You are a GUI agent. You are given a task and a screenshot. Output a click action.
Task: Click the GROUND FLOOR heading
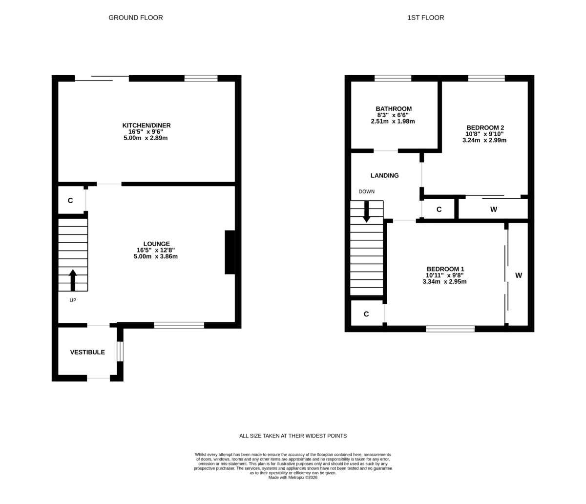[135, 18]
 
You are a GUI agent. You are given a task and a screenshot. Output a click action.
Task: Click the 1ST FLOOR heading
[425, 18]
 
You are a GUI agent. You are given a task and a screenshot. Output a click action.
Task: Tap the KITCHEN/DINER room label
[146, 126]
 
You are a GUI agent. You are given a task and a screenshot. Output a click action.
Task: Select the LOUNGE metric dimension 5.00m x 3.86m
[155, 256]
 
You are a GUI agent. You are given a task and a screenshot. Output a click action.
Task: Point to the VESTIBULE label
[87, 352]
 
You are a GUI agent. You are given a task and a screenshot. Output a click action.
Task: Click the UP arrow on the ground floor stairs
[73, 280]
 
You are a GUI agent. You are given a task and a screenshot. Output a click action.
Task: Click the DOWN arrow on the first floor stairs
[366, 211]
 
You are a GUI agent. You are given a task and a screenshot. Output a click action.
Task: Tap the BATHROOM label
[393, 109]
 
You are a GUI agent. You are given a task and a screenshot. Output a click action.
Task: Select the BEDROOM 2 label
[484, 127]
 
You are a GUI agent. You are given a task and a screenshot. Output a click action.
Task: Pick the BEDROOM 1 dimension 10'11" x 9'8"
[444, 275]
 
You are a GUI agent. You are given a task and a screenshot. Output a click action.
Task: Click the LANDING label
[384, 175]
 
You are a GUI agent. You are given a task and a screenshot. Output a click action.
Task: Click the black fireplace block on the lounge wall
[230, 252]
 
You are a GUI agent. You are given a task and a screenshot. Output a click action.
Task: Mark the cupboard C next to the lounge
[70, 201]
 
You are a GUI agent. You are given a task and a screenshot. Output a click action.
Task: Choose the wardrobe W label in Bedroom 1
[518, 275]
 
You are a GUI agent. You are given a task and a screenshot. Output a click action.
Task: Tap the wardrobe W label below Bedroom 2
[493, 210]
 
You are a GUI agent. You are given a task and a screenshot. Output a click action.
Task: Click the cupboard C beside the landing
[439, 210]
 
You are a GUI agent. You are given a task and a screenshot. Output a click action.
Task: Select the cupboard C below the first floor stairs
[366, 314]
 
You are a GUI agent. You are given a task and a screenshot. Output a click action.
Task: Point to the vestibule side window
[120, 352]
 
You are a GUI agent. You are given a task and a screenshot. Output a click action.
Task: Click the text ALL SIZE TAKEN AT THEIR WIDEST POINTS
[293, 436]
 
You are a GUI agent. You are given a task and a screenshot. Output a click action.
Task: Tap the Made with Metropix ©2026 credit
[293, 478]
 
